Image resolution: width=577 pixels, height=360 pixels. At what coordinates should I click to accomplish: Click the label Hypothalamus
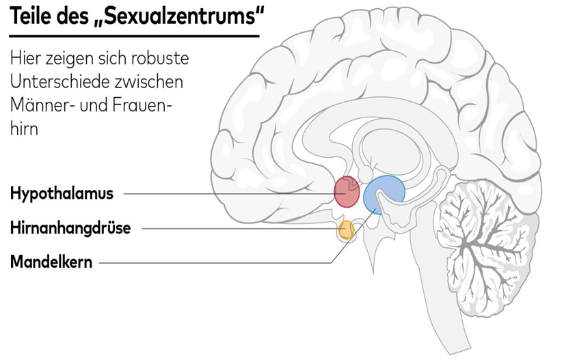[62, 193]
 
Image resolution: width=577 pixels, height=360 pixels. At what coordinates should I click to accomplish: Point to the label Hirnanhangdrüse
[70, 228]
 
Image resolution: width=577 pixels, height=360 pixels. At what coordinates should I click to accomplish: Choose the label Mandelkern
[51, 262]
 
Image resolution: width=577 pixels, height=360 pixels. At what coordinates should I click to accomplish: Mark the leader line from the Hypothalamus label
[226, 193]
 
